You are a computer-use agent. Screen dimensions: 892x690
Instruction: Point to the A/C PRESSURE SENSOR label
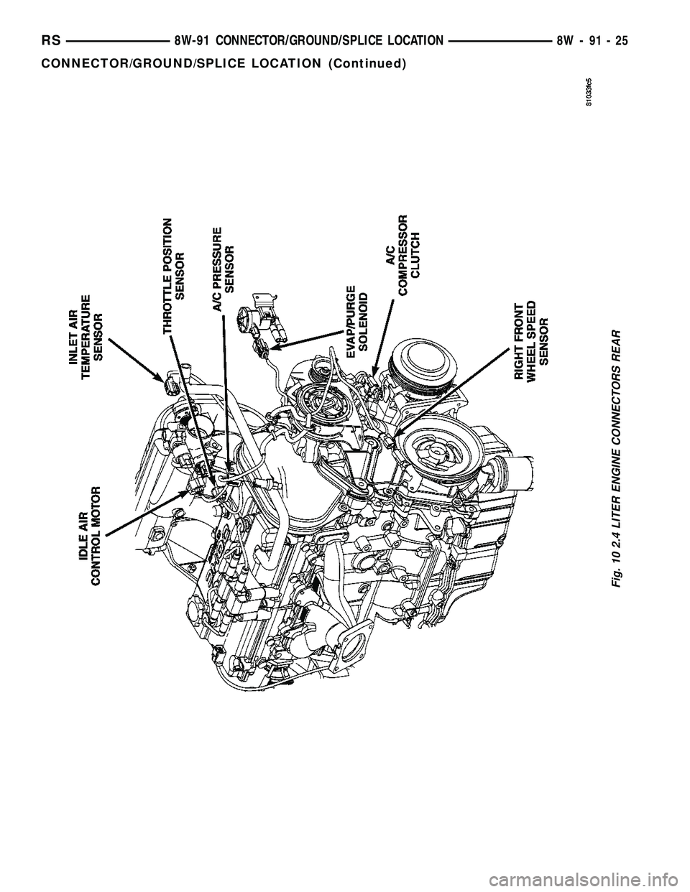coord(223,267)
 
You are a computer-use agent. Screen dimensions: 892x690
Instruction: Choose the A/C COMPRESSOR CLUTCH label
coord(403,254)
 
